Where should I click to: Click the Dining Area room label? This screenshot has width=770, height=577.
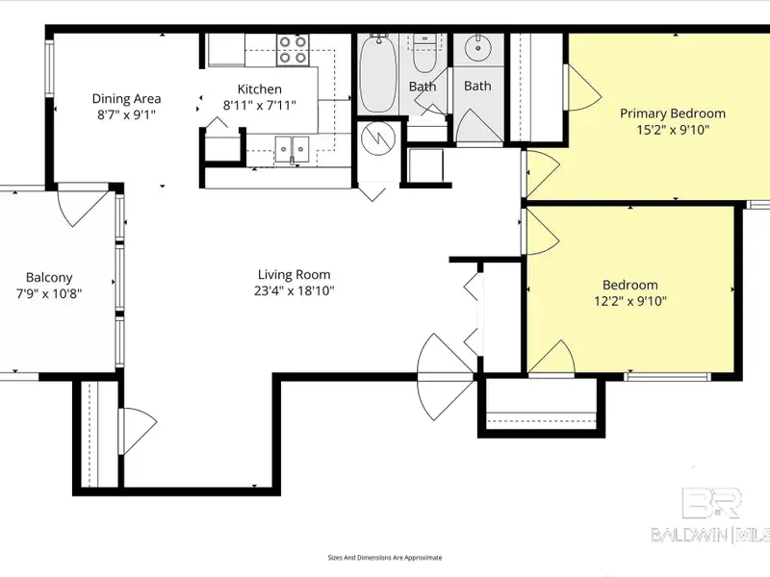tap(126, 99)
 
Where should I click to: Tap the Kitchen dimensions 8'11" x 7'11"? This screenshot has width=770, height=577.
tap(259, 105)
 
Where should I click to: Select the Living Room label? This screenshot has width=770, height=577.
tap(295, 274)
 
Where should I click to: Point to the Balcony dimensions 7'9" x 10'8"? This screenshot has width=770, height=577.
tap(49, 294)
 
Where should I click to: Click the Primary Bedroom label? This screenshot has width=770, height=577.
tap(673, 113)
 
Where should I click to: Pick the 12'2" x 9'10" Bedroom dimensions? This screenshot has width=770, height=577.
tap(630, 301)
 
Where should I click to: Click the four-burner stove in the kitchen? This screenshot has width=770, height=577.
tap(293, 50)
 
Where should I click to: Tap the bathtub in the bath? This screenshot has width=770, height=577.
tap(377, 74)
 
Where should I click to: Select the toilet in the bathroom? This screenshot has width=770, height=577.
tap(423, 53)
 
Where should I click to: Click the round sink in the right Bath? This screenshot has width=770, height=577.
tap(477, 48)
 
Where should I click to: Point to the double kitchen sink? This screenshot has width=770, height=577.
tap(292, 149)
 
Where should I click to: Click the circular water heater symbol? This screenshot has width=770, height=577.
tap(378, 138)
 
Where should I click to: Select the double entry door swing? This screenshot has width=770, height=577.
tap(445, 377)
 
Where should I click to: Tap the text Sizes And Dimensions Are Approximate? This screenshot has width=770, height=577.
tap(385, 558)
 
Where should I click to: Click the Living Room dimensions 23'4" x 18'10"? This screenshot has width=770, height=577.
tap(295, 291)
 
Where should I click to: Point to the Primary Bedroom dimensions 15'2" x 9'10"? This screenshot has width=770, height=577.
tap(673, 130)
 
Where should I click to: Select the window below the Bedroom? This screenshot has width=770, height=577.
tap(667, 377)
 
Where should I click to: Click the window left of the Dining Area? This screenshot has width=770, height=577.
tap(50, 67)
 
